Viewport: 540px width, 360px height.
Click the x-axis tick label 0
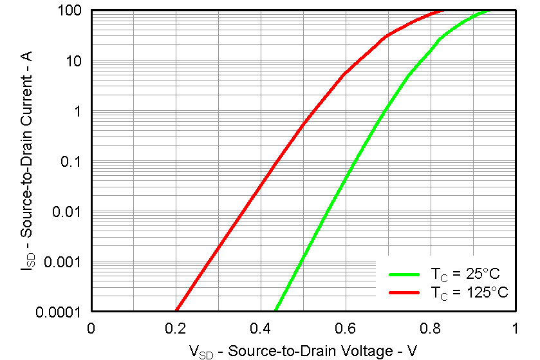tap(91, 328)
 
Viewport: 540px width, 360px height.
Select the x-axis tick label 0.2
tap(176, 328)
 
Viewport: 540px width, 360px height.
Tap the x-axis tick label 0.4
tap(261, 328)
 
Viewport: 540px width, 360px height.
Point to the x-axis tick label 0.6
tap(346, 328)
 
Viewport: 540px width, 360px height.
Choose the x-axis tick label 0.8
tap(431, 328)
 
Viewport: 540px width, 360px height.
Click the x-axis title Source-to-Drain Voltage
tap(303, 350)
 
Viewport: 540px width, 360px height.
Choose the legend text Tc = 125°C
tap(469, 292)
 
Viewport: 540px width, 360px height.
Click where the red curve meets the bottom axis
tap(176, 310)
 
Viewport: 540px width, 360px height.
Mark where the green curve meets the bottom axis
tap(276, 310)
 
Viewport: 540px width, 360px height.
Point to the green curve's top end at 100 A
tap(489, 11)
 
